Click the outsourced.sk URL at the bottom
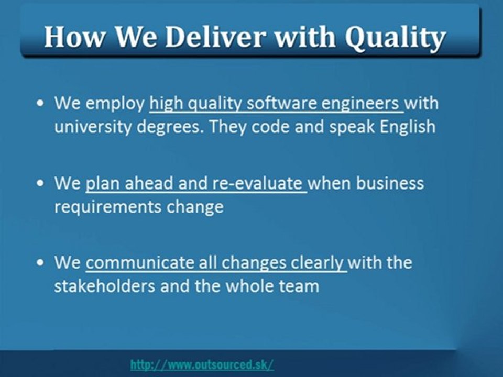pos(202,364)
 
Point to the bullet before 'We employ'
pos(40,104)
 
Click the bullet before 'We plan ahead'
pos(40,184)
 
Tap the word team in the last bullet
pos(299,286)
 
